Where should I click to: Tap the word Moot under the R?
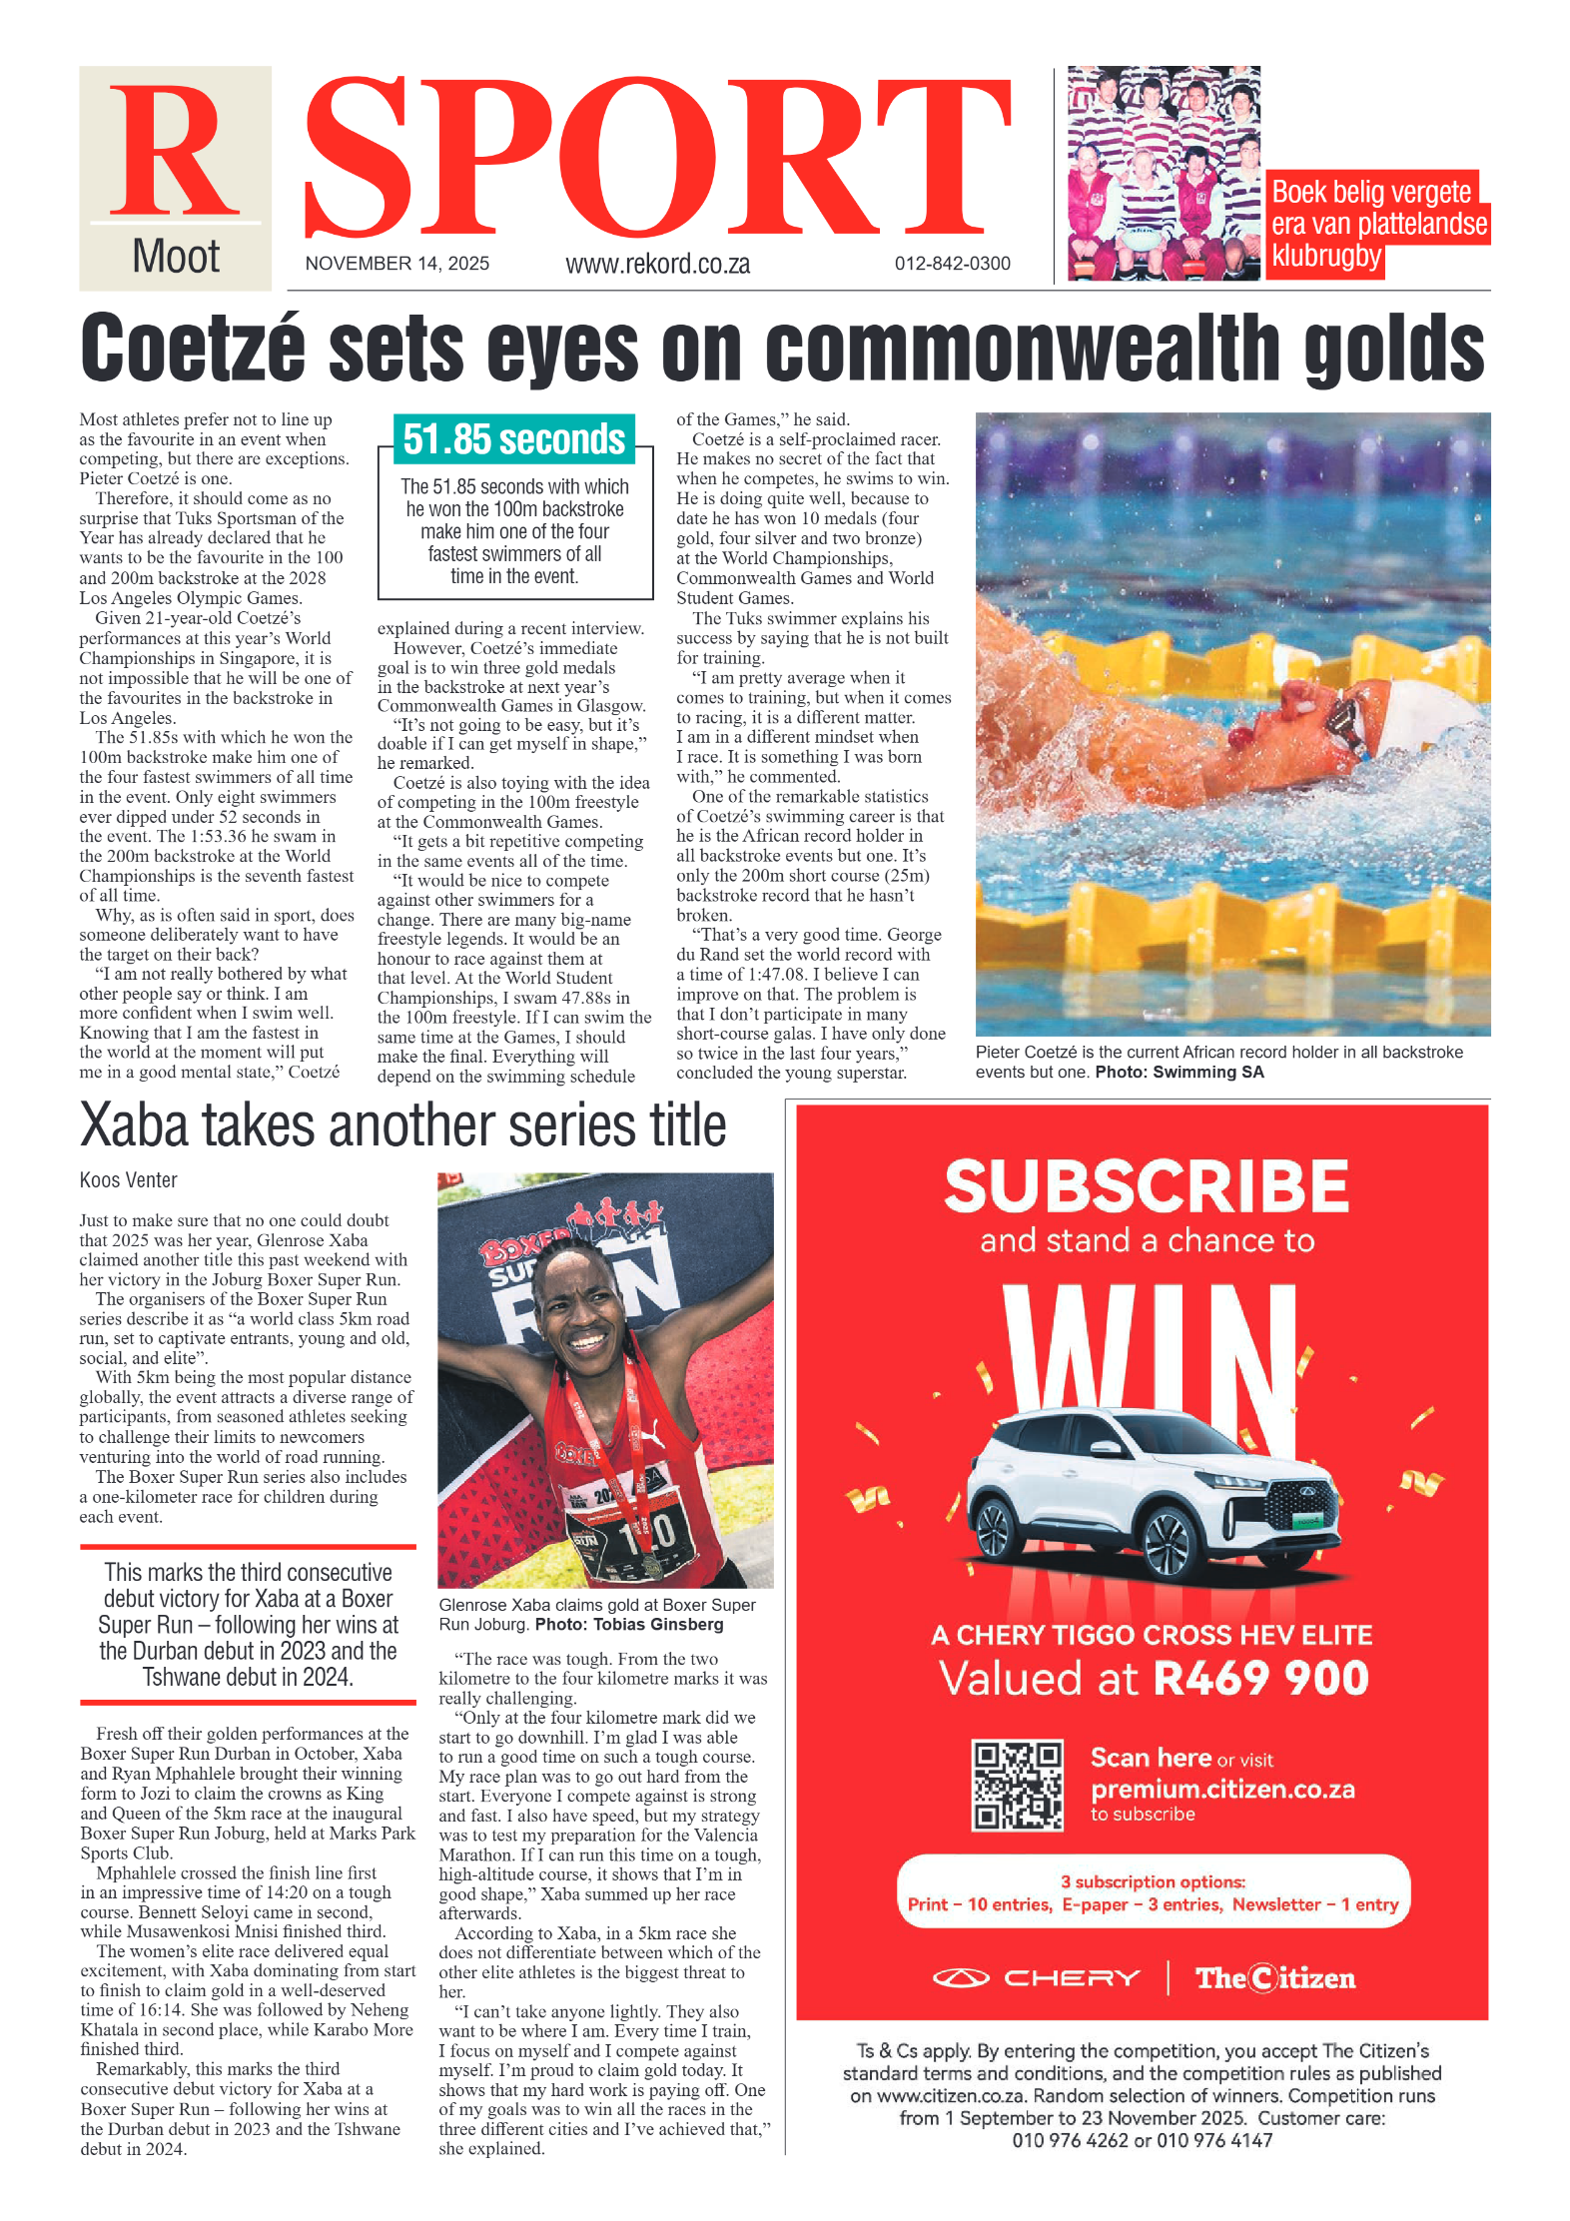click(176, 257)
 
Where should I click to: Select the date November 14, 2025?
click(396, 264)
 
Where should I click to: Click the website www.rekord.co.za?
click(657, 264)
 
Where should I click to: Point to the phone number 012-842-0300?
click(952, 264)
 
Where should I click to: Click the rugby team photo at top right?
click(1164, 174)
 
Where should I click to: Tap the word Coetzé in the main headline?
click(192, 348)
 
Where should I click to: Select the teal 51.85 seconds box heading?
click(513, 439)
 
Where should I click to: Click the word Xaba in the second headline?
click(134, 1125)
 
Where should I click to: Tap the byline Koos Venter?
click(128, 1179)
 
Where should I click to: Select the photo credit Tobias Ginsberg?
click(658, 1625)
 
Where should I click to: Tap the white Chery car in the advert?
click(1149, 1488)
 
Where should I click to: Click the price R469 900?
click(1260, 1678)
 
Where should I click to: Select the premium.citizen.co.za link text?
click(1222, 1789)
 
